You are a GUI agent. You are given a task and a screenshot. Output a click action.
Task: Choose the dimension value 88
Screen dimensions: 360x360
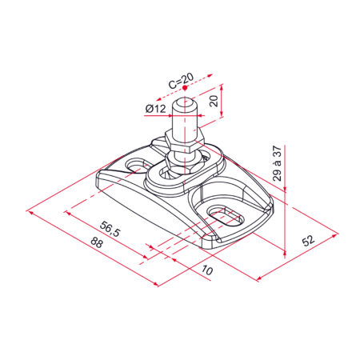(x=97, y=244)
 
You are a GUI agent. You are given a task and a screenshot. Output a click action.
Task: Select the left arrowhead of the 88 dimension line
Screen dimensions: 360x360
(x=30, y=212)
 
